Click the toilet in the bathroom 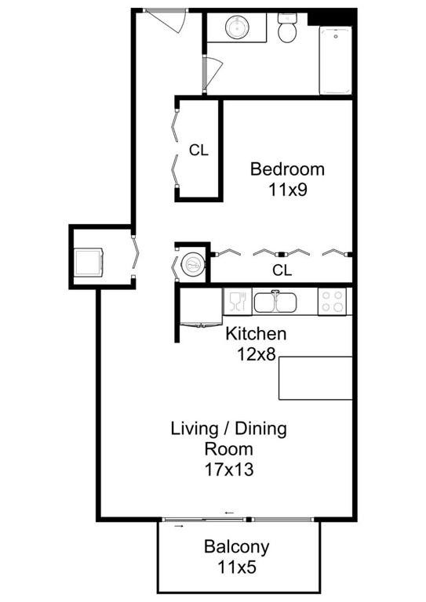[x=288, y=30]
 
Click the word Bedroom [x=287, y=169]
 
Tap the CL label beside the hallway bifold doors [x=198, y=150]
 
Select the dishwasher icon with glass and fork [x=236, y=301]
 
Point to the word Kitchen [x=256, y=334]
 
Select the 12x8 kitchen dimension [x=256, y=354]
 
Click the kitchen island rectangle [x=315, y=378]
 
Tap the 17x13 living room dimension [x=229, y=470]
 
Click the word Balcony [x=237, y=546]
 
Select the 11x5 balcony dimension [x=237, y=566]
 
